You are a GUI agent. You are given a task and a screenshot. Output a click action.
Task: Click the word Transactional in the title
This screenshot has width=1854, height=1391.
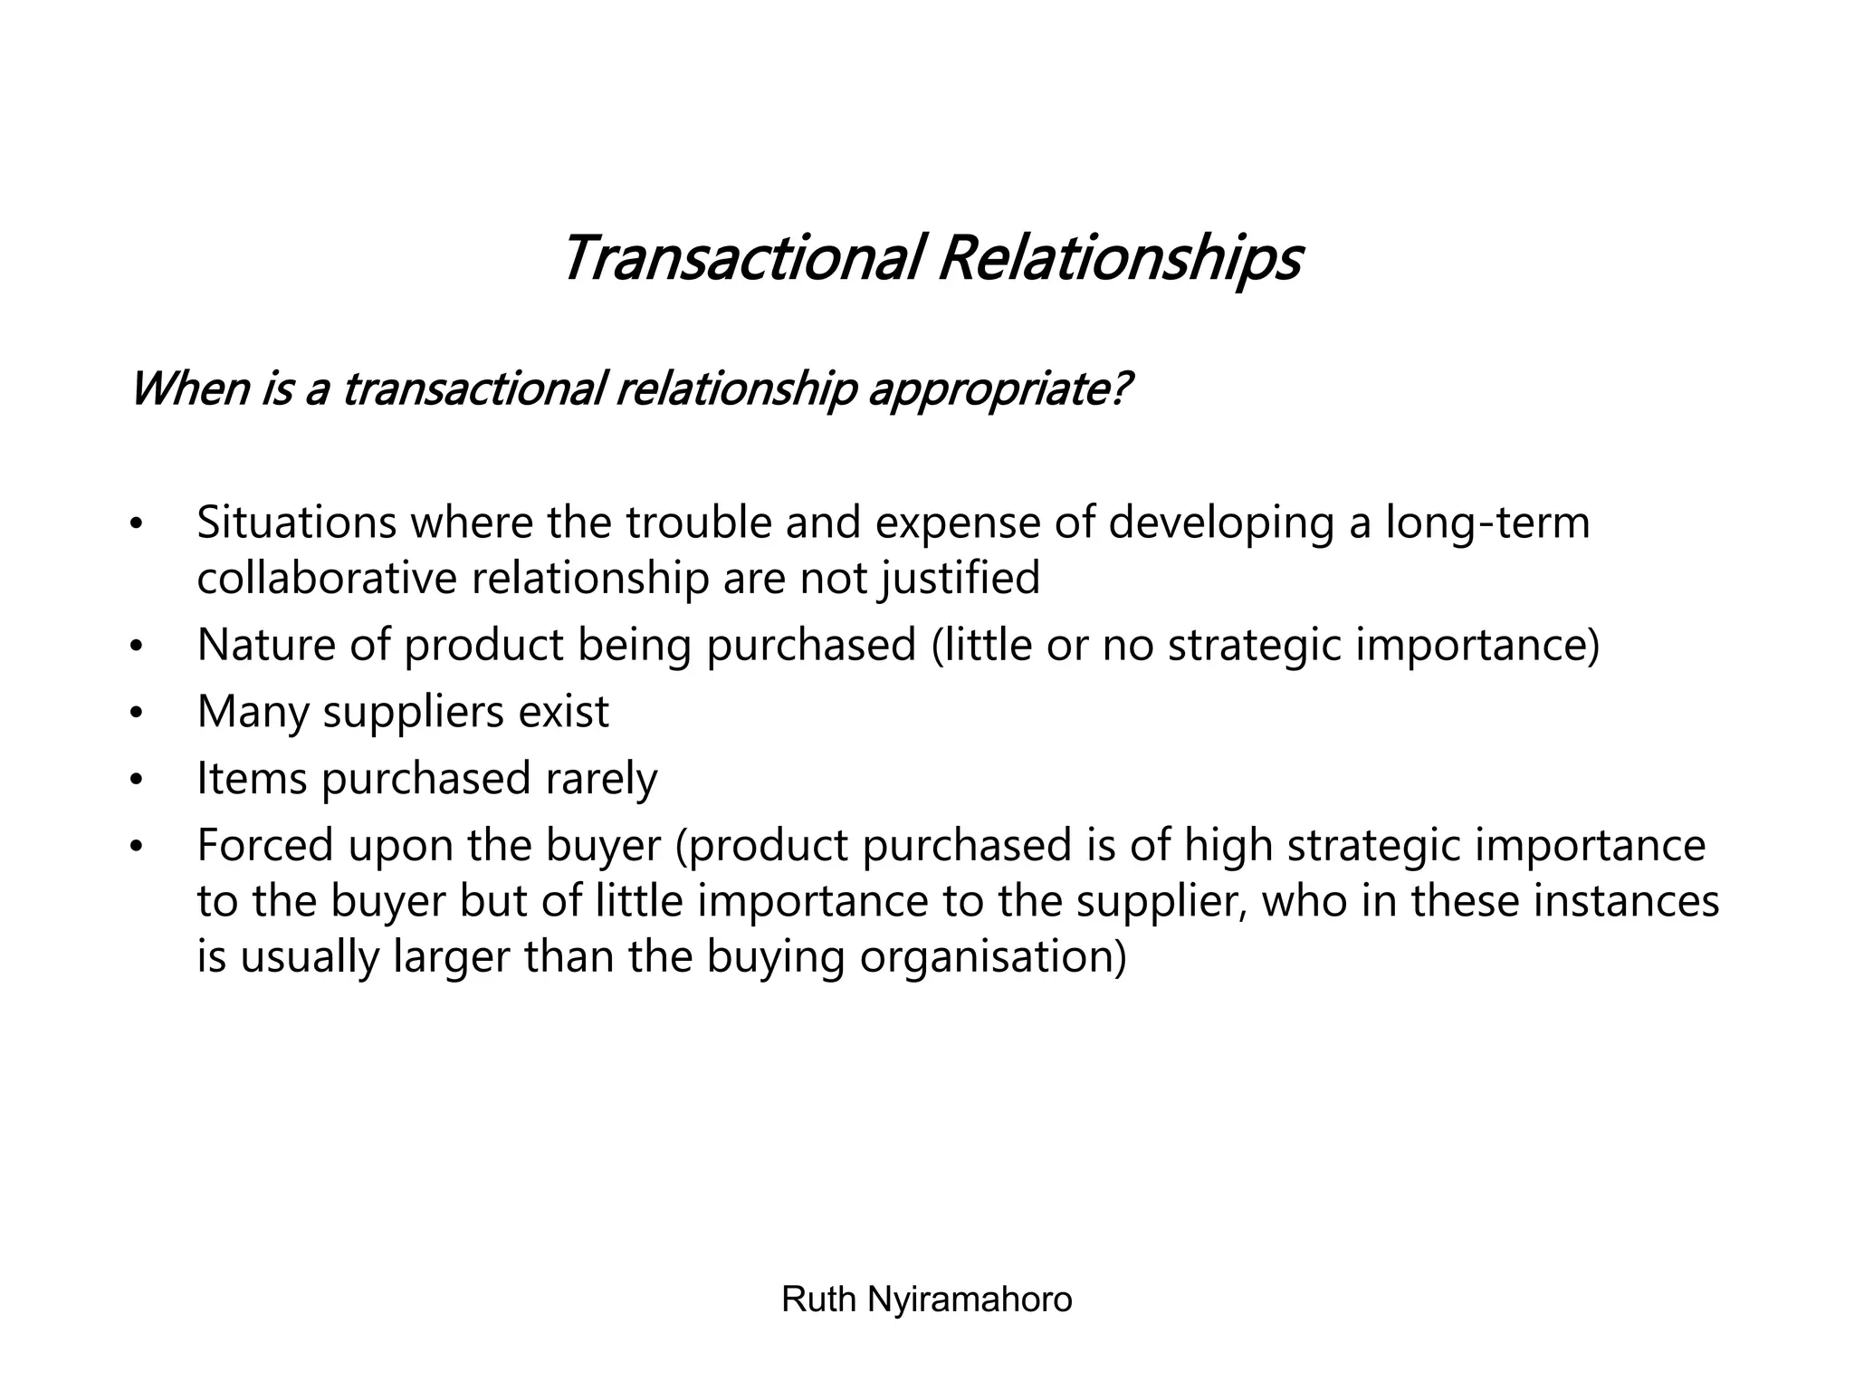tap(742, 259)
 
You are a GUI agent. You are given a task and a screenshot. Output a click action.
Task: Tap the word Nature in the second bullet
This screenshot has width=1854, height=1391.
tap(266, 645)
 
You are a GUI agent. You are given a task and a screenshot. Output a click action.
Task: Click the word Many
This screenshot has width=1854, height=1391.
tap(253, 712)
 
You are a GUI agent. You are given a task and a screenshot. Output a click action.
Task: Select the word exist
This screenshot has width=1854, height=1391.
tap(563, 712)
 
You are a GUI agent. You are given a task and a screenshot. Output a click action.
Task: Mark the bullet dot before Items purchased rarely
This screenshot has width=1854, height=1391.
tap(137, 780)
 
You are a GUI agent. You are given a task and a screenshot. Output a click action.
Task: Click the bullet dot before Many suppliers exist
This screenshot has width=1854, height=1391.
tap(137, 714)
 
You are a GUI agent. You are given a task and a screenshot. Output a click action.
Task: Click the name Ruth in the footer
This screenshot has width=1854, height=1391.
tap(818, 1300)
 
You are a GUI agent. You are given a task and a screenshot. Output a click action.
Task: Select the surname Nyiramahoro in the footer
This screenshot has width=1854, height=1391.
tap(970, 1300)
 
